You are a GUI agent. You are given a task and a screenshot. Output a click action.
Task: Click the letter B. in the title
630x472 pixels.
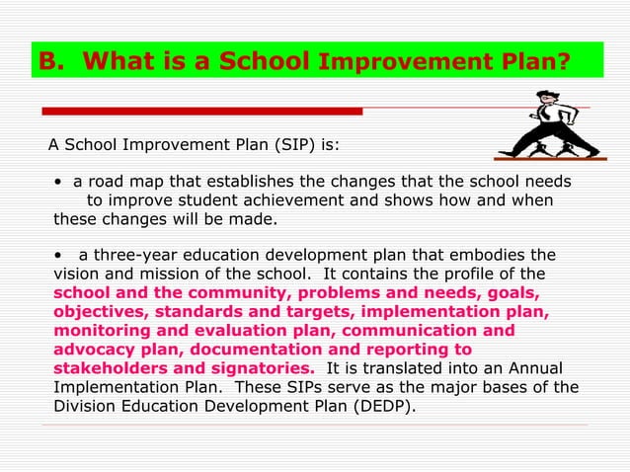(52, 62)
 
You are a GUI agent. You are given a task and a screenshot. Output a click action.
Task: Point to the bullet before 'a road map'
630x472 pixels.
(59, 183)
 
